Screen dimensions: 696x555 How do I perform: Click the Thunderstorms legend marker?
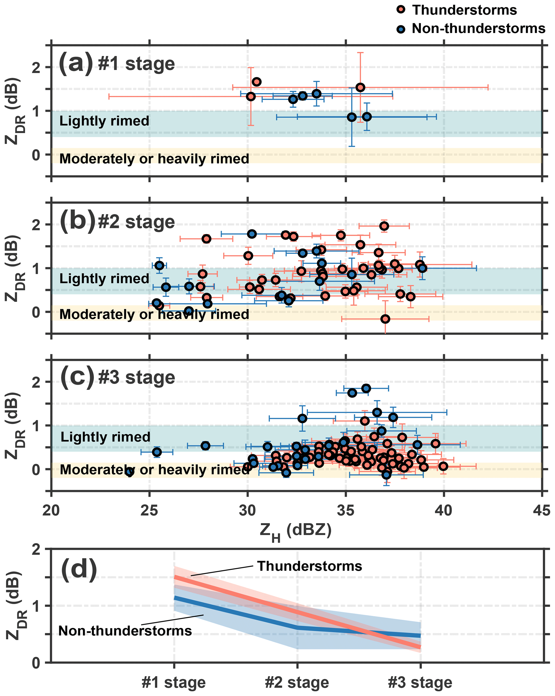click(401, 9)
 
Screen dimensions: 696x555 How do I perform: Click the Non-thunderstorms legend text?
click(478, 29)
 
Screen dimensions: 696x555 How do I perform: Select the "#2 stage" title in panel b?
click(136, 222)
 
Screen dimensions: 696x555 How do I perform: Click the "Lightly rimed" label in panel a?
click(104, 121)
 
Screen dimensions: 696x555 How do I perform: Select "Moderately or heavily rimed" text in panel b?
click(154, 314)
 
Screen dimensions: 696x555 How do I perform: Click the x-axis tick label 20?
click(51, 510)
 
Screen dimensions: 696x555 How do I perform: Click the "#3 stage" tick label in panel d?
click(420, 682)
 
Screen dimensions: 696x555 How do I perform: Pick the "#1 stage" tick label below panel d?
click(173, 682)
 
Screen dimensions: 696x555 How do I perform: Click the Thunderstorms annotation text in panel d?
click(309, 566)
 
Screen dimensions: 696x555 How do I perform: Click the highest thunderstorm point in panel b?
click(384, 226)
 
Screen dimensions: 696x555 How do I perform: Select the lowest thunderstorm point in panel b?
click(385, 319)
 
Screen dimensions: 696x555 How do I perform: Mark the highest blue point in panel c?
click(366, 388)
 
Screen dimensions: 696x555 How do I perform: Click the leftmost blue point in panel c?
click(130, 472)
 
